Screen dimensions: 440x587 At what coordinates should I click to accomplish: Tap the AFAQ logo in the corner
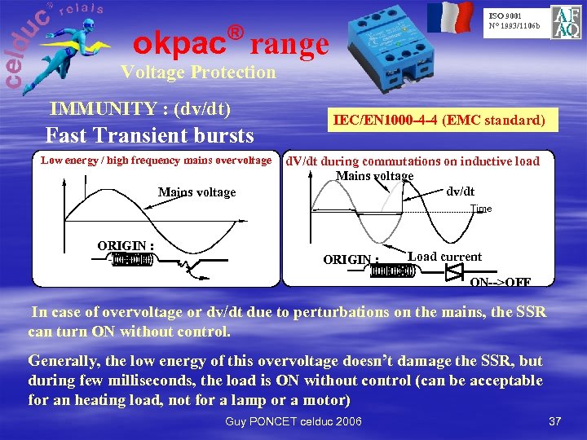[x=566, y=22]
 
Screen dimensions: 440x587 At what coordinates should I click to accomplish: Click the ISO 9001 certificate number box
[x=514, y=20]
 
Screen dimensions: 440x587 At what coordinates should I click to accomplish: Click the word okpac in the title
[x=179, y=39]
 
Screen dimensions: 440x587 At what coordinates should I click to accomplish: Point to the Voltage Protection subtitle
[x=198, y=72]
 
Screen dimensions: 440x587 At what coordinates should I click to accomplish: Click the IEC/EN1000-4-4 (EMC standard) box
[x=439, y=121]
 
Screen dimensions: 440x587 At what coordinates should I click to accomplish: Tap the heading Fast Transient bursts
[x=150, y=134]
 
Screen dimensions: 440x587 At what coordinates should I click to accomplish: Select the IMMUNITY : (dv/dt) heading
[x=140, y=108]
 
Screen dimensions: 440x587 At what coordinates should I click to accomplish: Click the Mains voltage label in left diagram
[x=196, y=192]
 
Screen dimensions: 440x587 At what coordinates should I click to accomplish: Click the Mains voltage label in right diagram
[x=375, y=175]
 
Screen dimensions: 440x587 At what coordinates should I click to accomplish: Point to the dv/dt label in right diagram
[x=461, y=191]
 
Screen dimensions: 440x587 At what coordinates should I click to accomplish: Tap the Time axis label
[x=481, y=209]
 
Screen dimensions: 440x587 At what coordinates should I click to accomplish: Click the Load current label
[x=444, y=257]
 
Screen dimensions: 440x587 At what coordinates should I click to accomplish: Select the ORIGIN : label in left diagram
[x=126, y=245]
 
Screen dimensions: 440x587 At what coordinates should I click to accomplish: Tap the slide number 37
[x=555, y=421]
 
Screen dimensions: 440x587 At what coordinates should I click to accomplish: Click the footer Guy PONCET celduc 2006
[x=293, y=420]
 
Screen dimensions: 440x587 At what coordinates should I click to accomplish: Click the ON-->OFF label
[x=501, y=282]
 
